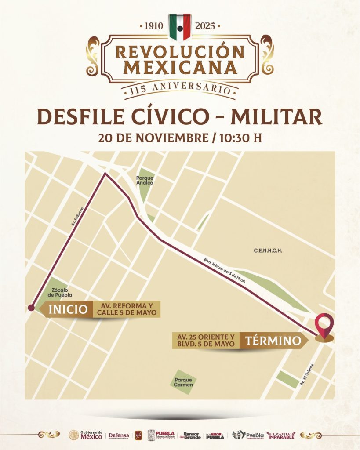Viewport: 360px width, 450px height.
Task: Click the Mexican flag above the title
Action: pyautogui.click(x=180, y=26)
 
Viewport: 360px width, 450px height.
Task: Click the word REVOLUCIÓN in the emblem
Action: pyautogui.click(x=180, y=52)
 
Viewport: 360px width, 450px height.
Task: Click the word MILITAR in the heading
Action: pyautogui.click(x=276, y=116)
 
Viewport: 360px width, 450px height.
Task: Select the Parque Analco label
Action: pyautogui.click(x=145, y=180)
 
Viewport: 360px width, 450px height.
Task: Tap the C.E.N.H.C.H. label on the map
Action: pyautogui.click(x=267, y=251)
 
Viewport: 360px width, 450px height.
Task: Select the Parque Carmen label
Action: pyautogui.click(x=183, y=382)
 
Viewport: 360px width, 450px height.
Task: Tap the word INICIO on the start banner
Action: pyautogui.click(x=68, y=309)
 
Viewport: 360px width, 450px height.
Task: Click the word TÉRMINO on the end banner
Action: pyautogui.click(x=273, y=340)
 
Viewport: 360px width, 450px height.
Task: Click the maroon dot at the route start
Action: pyautogui.click(x=31, y=308)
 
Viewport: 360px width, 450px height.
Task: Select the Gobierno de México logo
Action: pyautogui.click(x=86, y=435)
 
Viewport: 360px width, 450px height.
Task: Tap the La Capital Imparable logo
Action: pyautogui.click(x=281, y=435)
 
